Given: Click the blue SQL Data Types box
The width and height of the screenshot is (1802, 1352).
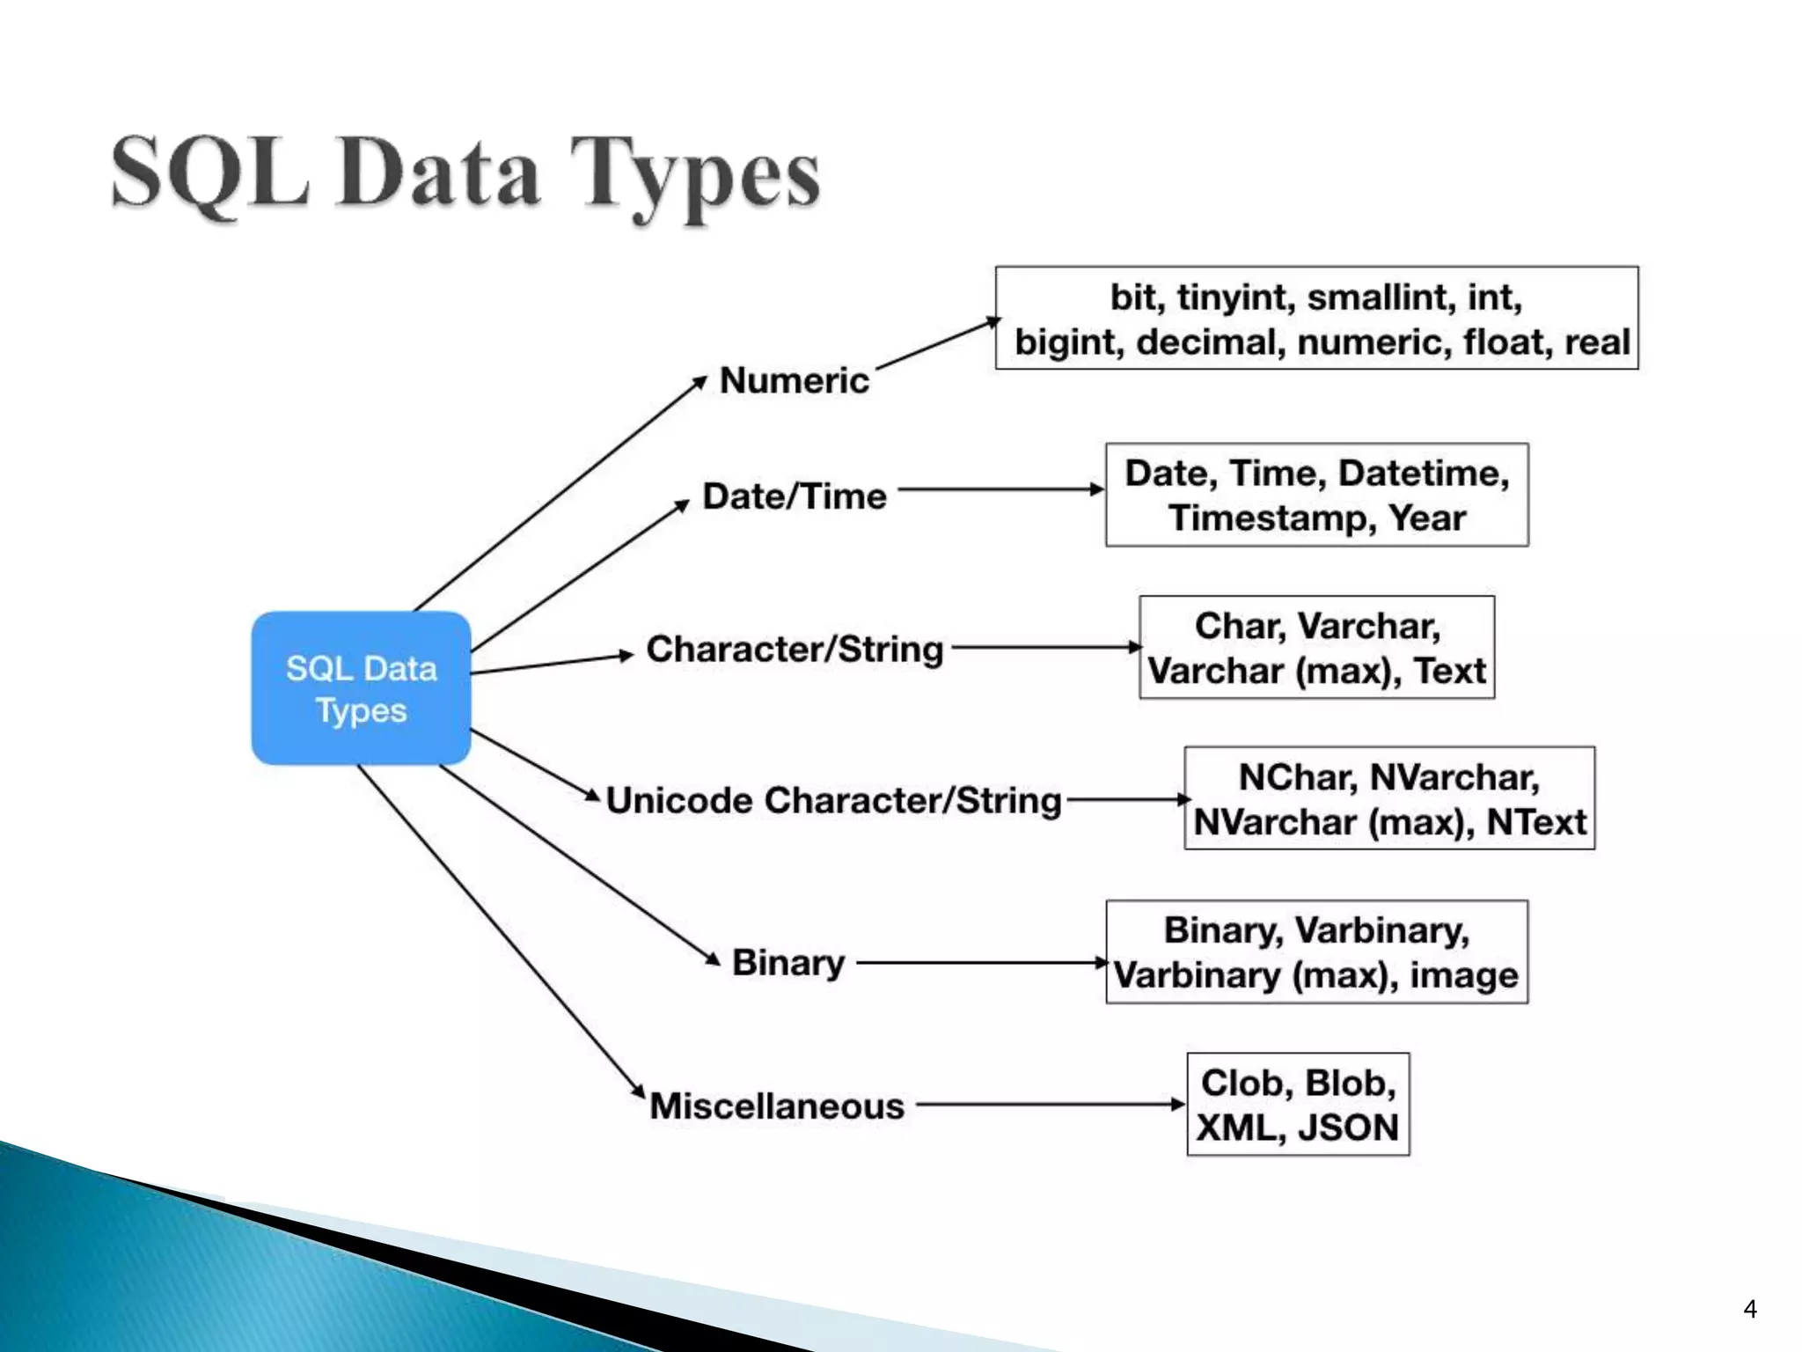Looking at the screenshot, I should click(x=361, y=688).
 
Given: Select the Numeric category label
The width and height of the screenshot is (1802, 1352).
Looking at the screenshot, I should click(x=794, y=380).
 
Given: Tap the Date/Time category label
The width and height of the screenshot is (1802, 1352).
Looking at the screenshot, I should click(x=794, y=496).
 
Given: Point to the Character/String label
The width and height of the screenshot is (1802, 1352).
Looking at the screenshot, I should click(x=795, y=650).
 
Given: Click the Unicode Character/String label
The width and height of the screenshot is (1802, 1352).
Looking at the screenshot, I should click(x=833, y=801).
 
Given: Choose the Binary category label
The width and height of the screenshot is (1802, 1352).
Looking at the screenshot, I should click(x=787, y=963).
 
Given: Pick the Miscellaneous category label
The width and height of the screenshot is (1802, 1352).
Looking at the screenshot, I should click(x=776, y=1106).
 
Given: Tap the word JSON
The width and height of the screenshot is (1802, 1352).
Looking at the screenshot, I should click(x=1348, y=1128).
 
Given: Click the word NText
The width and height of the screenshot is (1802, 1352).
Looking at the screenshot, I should click(x=1536, y=822).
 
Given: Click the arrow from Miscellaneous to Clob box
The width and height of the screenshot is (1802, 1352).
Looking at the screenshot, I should click(x=1047, y=1104).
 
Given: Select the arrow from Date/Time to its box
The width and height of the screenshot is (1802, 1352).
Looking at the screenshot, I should click(x=999, y=489).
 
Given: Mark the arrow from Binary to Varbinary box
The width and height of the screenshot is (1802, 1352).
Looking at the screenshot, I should click(x=978, y=962).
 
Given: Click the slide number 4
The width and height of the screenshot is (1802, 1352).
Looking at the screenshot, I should click(x=1749, y=1309).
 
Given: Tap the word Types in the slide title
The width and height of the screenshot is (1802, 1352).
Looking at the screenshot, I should click(x=695, y=176).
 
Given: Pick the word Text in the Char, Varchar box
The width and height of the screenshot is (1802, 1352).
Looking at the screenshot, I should click(x=1450, y=672).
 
